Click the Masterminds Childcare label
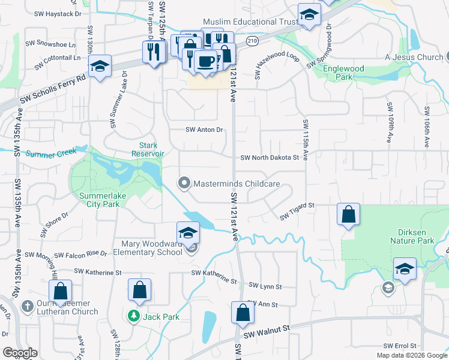coord(236,182)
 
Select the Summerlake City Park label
coord(99,200)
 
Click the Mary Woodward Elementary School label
coord(151,248)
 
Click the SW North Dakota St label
coord(269,158)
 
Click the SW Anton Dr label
coord(204,130)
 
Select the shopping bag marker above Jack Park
coord(139,290)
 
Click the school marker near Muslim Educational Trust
coord(309,16)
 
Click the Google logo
coord(20,353)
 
